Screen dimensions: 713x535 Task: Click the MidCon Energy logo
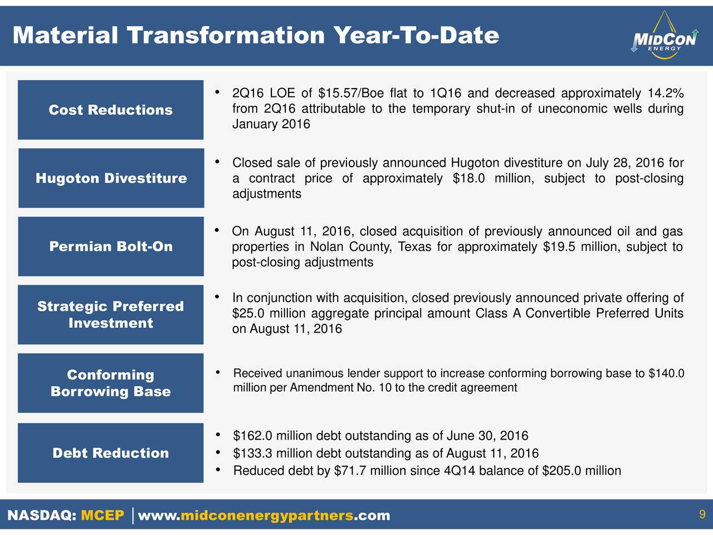[x=664, y=35]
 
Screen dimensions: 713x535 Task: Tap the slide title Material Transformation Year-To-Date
[x=256, y=35]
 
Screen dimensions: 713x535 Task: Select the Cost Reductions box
[x=111, y=110]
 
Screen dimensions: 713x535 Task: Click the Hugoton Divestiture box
[x=111, y=178]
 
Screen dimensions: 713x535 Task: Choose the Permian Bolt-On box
[x=111, y=246]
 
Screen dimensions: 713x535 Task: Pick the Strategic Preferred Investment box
[x=111, y=314]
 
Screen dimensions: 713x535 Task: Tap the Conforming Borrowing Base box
[x=111, y=383]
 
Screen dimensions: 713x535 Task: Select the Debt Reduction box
[x=111, y=453]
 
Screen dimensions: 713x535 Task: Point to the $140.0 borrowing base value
[x=666, y=373]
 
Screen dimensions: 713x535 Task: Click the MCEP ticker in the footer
[x=102, y=515]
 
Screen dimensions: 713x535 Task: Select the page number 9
[x=702, y=514]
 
